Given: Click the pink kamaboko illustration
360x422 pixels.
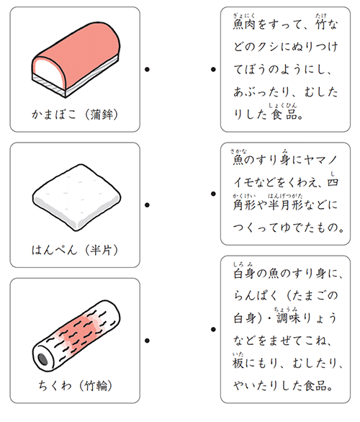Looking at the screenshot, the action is click(x=76, y=59).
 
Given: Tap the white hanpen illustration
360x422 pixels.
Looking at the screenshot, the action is click(x=77, y=197).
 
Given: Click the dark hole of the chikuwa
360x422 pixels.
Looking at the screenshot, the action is click(x=42, y=359).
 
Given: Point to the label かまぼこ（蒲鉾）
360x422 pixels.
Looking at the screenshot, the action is click(x=75, y=115).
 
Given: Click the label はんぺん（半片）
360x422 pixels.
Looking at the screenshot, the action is click(x=75, y=250).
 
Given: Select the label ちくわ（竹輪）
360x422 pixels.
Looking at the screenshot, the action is click(x=75, y=386).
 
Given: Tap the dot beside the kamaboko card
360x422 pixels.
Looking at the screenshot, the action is click(x=147, y=69).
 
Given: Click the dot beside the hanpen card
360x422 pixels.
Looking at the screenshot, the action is click(x=147, y=205).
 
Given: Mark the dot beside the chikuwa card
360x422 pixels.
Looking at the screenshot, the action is click(x=147, y=341).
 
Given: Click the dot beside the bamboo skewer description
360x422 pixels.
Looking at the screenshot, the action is click(x=213, y=69).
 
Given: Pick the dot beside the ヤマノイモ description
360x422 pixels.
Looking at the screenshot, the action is click(x=213, y=194).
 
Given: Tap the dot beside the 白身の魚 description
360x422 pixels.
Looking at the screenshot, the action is click(x=213, y=329).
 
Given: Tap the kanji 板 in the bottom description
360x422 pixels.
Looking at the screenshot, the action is click(x=238, y=363).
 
